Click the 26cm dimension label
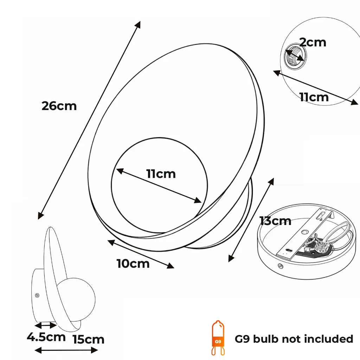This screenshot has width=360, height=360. [x=59, y=105]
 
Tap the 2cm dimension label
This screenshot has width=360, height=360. [x=313, y=42]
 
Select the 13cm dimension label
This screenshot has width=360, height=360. [x=275, y=221]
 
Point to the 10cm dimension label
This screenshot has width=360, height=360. [x=133, y=263]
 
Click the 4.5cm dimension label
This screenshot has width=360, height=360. [x=46, y=337]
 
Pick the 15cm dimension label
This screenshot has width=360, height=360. [x=89, y=339]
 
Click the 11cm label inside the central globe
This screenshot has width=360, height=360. [x=161, y=173]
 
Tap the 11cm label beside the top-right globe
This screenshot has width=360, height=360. [x=314, y=97]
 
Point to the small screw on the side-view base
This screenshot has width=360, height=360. [x=37, y=296]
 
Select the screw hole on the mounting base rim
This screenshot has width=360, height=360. [x=281, y=266]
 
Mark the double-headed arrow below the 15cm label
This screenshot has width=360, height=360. [x=66, y=350]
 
